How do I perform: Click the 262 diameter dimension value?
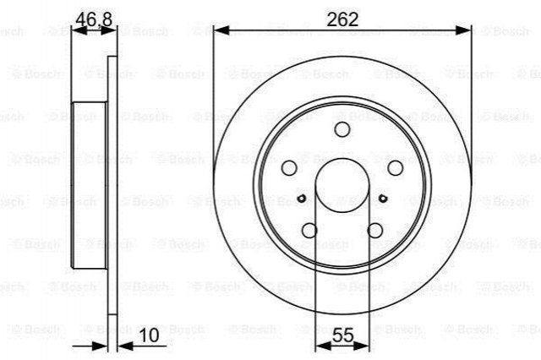click(x=342, y=19)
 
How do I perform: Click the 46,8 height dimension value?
click(x=94, y=19)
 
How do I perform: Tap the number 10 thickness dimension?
click(x=149, y=335)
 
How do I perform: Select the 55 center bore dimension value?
click(x=344, y=335)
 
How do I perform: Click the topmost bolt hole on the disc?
click(x=342, y=129)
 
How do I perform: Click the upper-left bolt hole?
click(x=289, y=168)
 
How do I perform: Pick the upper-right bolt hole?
click(x=396, y=168)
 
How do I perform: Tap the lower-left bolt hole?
click(x=309, y=231)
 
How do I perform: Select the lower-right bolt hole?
click(x=375, y=231)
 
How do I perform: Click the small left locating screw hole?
click(x=302, y=199)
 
